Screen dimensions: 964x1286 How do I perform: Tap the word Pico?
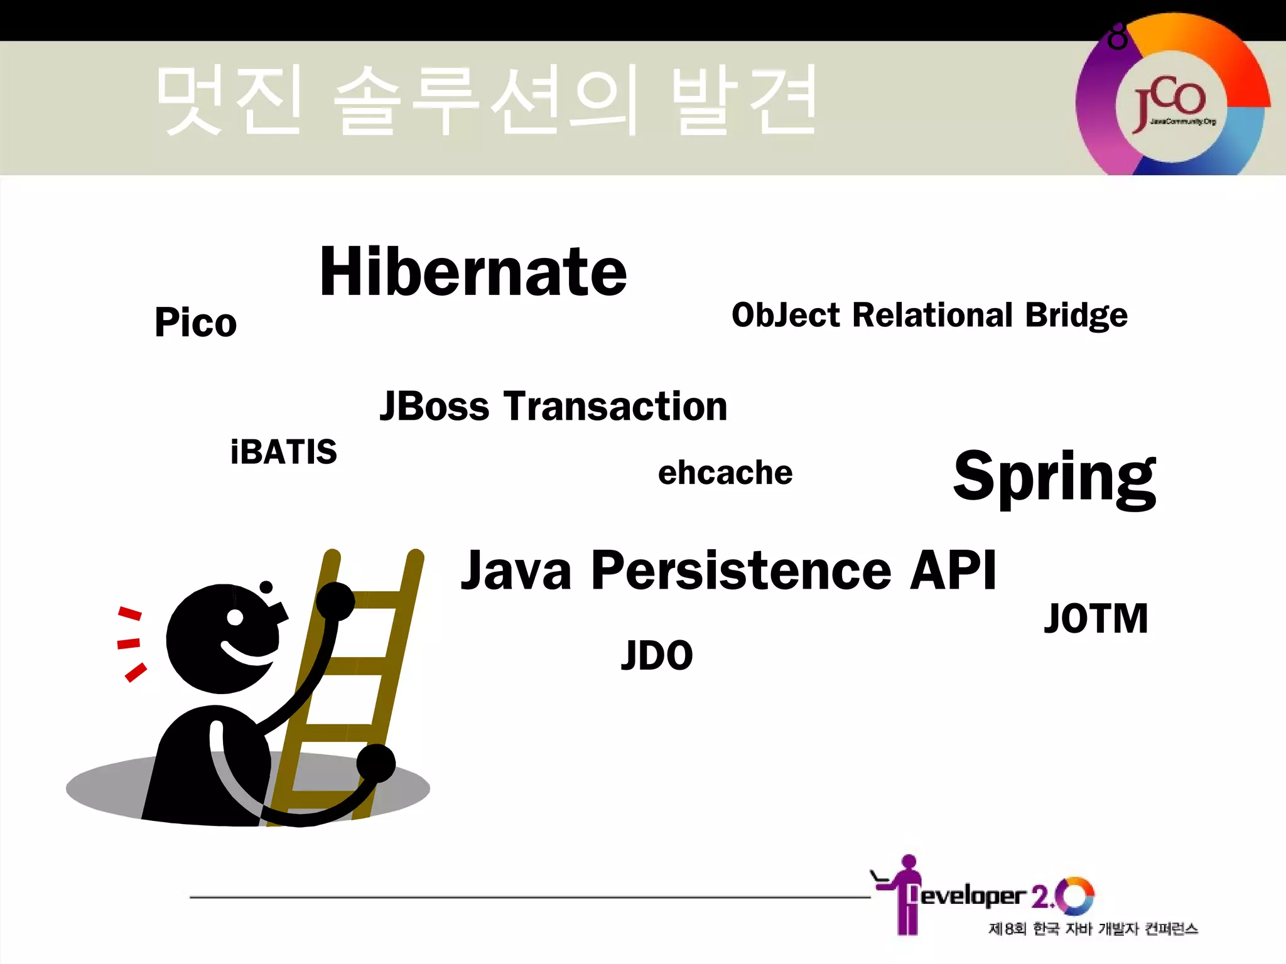pyautogui.click(x=195, y=323)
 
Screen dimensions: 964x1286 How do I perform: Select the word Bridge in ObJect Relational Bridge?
pyautogui.click(x=1076, y=315)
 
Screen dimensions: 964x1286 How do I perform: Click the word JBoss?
pyautogui.click(x=434, y=406)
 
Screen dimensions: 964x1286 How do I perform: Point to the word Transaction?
pyautogui.click(x=615, y=406)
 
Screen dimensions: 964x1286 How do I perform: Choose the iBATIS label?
pyautogui.click(x=283, y=452)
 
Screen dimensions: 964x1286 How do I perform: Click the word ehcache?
pyautogui.click(x=725, y=473)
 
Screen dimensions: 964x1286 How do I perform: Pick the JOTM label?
pyautogui.click(x=1096, y=619)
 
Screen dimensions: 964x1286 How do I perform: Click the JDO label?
pyautogui.click(x=657, y=655)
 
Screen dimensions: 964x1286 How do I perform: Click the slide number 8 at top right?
pyautogui.click(x=1117, y=38)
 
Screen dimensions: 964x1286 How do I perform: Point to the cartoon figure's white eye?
pyautogui.click(x=235, y=618)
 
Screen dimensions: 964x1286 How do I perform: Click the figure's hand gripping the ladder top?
pyautogui.click(x=335, y=601)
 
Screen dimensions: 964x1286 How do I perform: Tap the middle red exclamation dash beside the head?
pyautogui.click(x=129, y=643)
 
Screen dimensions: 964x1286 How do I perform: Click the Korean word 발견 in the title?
pyautogui.click(x=744, y=100)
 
